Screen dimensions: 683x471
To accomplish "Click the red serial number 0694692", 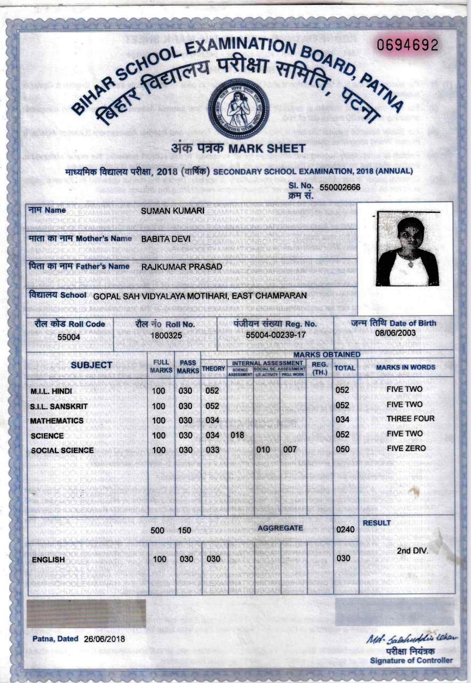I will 408,46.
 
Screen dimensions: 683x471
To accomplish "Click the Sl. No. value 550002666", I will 340,187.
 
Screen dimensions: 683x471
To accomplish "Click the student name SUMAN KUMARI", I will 173,212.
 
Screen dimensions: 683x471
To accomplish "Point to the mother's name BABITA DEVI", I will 165,240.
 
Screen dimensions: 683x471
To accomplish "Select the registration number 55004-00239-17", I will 276,336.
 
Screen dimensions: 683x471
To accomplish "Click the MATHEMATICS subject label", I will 57,421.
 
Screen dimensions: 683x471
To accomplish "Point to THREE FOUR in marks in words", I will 411,419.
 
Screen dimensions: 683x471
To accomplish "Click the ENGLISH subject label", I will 49,560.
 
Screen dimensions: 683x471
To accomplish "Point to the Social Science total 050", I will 342,449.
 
